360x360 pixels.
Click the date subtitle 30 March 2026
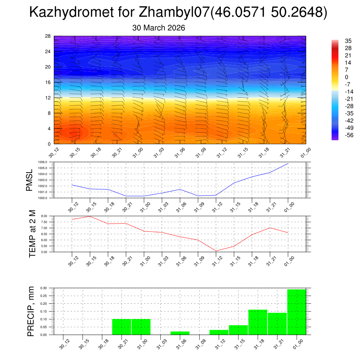click(159, 28)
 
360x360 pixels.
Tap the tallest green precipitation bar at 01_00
click(296, 312)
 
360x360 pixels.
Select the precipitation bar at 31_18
click(258, 322)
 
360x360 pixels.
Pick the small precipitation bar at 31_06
click(180, 333)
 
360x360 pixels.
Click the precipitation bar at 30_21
click(122, 327)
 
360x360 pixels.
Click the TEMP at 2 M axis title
click(32, 234)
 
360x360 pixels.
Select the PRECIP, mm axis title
click(31, 311)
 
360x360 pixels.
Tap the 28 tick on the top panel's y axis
click(48, 36)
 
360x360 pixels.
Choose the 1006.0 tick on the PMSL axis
click(47, 162)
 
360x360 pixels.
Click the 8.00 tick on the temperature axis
click(47, 216)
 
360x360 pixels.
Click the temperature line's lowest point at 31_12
click(216, 251)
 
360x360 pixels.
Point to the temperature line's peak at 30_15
click(90, 216)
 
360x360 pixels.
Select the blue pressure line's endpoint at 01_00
click(288, 163)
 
